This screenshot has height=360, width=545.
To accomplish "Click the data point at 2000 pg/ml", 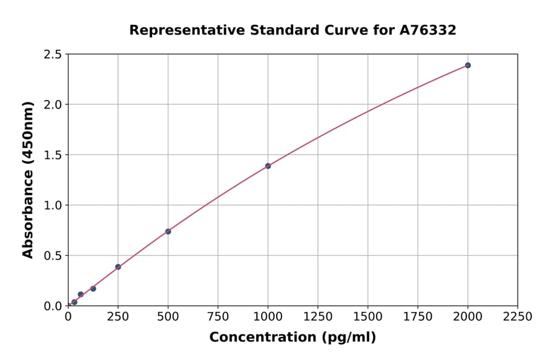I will click(467, 65).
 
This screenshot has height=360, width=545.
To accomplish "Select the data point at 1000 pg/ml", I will click(268, 166).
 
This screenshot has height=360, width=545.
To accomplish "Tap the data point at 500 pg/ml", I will click(168, 232).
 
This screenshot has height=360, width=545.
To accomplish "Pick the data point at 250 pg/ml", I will click(118, 267).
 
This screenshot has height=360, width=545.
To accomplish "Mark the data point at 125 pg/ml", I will click(93, 288).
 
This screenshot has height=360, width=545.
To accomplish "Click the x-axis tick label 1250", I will click(318, 317).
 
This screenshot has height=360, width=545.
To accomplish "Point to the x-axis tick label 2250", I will click(518, 317).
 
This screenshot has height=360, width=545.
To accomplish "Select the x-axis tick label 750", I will click(218, 317).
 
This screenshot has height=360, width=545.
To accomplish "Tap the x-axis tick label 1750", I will click(418, 317).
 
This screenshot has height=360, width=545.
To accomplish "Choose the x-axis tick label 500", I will click(168, 317).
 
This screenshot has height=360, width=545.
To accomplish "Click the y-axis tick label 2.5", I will click(53, 55).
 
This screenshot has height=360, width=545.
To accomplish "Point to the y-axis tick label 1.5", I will click(53, 155).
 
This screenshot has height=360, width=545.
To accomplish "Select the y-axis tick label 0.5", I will click(53, 256).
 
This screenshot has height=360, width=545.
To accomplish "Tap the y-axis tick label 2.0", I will click(53, 105).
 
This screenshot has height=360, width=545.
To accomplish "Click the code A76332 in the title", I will click(428, 30).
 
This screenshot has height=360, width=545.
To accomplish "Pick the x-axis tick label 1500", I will click(368, 317).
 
